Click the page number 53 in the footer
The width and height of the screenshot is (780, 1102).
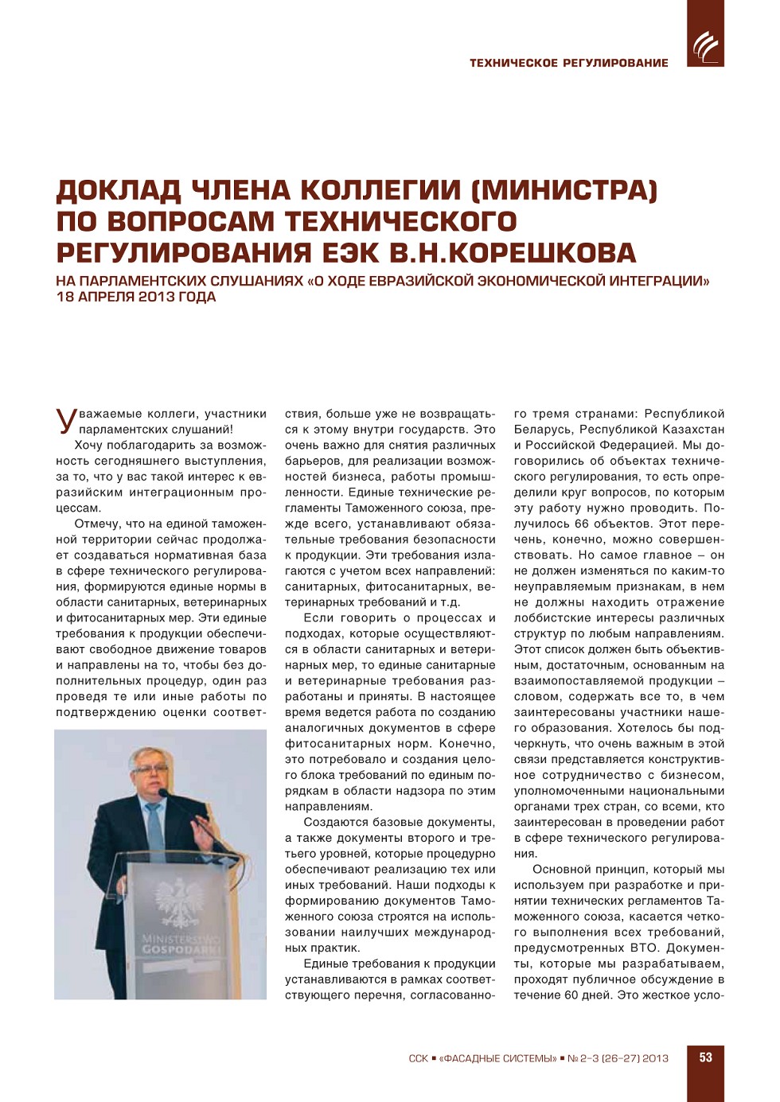pyautogui.click(x=705, y=1057)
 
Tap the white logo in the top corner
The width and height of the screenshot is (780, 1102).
pyautogui.click(x=705, y=46)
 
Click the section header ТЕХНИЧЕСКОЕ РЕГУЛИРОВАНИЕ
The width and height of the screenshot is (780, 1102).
pyautogui.click(x=568, y=63)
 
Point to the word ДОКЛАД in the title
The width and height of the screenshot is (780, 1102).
pyautogui.click(x=118, y=191)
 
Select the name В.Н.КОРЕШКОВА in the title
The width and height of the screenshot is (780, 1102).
pyautogui.click(x=513, y=253)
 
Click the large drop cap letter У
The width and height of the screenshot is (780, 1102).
pyautogui.click(x=66, y=420)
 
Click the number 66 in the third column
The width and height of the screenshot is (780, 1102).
pyautogui.click(x=581, y=524)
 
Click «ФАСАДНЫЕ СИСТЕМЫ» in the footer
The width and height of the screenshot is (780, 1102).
pyautogui.click(x=497, y=1058)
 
